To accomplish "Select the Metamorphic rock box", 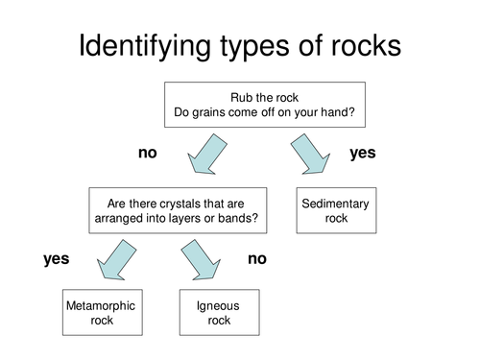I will click(x=100, y=313).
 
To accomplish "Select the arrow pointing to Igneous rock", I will click(x=200, y=259).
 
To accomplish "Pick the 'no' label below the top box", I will click(x=147, y=153).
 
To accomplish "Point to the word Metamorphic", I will click(x=100, y=306).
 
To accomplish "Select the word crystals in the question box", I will click(x=186, y=204).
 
